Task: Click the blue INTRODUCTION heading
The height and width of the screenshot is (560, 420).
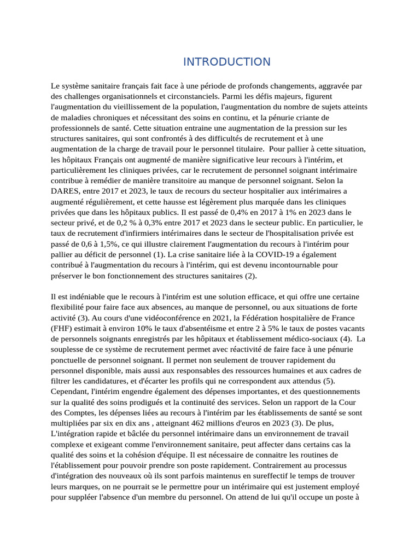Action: [x=226, y=62]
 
